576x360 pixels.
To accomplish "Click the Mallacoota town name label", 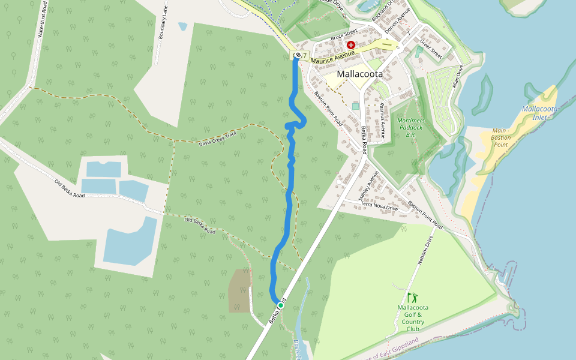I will pyautogui.click(x=360, y=74).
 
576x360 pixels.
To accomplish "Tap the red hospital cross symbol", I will pyautogui.click(x=351, y=45).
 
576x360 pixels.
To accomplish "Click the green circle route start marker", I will pyautogui.click(x=280, y=305).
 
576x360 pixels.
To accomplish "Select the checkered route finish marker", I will pyautogui.click(x=296, y=56).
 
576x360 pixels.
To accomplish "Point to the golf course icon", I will pyautogui.click(x=412, y=297).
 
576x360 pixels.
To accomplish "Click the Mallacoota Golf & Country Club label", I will pyautogui.click(x=413, y=318).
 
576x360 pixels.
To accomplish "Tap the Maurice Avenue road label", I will pyautogui.click(x=333, y=56).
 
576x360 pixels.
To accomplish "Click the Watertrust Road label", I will pyautogui.click(x=42, y=19).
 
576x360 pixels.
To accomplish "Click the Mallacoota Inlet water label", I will pyautogui.click(x=540, y=113).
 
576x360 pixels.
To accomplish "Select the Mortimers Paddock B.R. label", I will pyautogui.click(x=410, y=127).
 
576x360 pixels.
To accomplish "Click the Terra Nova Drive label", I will pyautogui.click(x=379, y=206).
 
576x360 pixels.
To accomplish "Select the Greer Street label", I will pyautogui.click(x=431, y=49).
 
